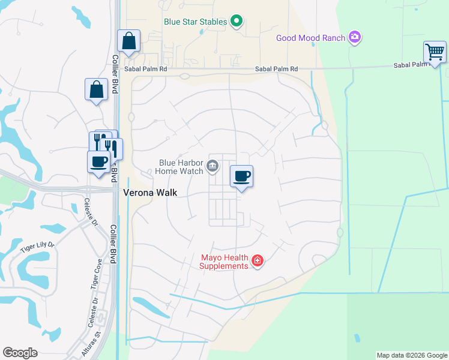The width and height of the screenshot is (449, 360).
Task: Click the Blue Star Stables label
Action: tap(196, 22)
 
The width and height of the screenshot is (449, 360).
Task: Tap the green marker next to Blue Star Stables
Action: tap(237, 22)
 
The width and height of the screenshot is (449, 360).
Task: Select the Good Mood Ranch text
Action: tap(310, 38)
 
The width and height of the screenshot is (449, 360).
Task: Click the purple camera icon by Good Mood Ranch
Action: tap(355, 38)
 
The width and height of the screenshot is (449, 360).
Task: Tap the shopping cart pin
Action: tap(435, 52)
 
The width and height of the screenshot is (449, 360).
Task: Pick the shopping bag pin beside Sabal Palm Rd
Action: tap(128, 41)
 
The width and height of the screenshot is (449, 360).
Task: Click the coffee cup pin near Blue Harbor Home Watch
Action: tap(241, 176)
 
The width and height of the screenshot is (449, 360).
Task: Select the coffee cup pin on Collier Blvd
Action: tap(98, 161)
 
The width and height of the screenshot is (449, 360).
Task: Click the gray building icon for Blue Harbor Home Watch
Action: tap(212, 166)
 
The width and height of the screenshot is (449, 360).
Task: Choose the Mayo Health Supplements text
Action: tap(224, 262)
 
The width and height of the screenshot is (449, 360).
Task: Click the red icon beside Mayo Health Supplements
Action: tap(258, 260)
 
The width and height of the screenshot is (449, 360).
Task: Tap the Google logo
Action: tap(20, 353)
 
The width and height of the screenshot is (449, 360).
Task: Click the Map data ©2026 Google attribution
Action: tap(412, 355)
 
